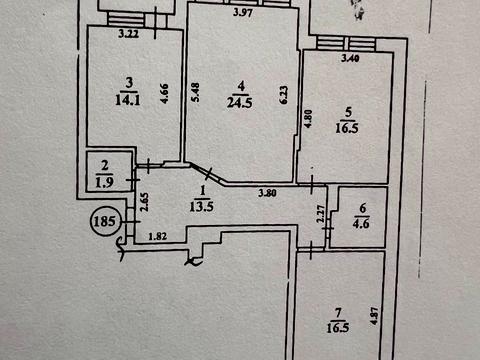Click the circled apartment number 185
pos(105,221)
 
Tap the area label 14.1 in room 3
pos(128,100)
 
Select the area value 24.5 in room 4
pos(239,103)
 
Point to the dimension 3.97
pos(243,13)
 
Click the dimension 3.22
pos(129,34)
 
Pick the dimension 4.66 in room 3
pos(165,93)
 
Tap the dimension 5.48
pos(195,92)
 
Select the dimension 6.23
pos(284,95)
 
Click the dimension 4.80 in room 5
pos(308,119)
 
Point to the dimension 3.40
pos(350,58)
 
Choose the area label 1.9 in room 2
pos(104,182)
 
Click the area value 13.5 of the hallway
pos(202,207)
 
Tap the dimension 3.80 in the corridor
pos(267,193)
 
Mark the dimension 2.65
pos(145,202)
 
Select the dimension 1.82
pos(158,236)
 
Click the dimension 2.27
pos(321,214)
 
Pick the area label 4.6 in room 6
pos(361,223)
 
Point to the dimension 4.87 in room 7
pos(374,316)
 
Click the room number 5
pos(348,112)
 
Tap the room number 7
pos(338,313)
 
